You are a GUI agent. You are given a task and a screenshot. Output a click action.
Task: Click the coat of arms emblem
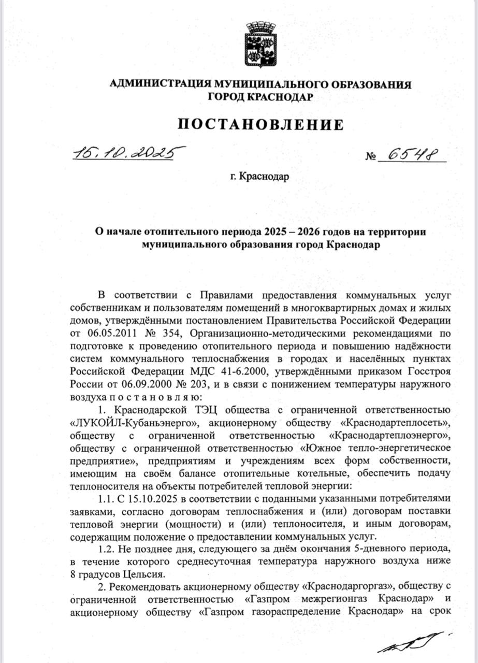(260, 44)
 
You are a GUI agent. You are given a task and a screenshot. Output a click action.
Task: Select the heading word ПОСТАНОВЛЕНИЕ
(260, 124)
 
